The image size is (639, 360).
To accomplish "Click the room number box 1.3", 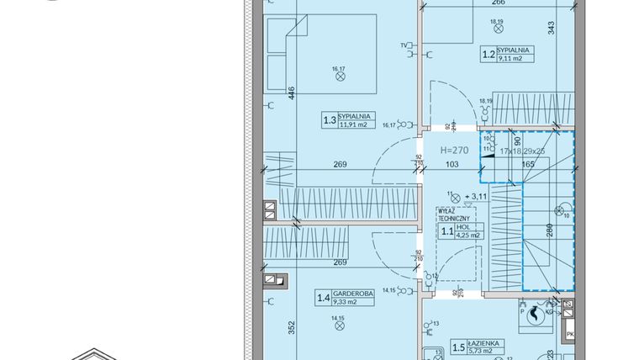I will click(x=330, y=121).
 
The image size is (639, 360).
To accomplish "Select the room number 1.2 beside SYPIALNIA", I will click(x=488, y=56).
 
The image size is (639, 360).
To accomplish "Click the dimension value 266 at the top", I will click(x=499, y=3).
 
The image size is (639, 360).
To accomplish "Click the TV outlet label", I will click(x=404, y=45).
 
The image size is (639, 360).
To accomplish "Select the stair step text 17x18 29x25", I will click(x=521, y=151).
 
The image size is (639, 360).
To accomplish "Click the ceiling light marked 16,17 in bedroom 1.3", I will click(x=341, y=76).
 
